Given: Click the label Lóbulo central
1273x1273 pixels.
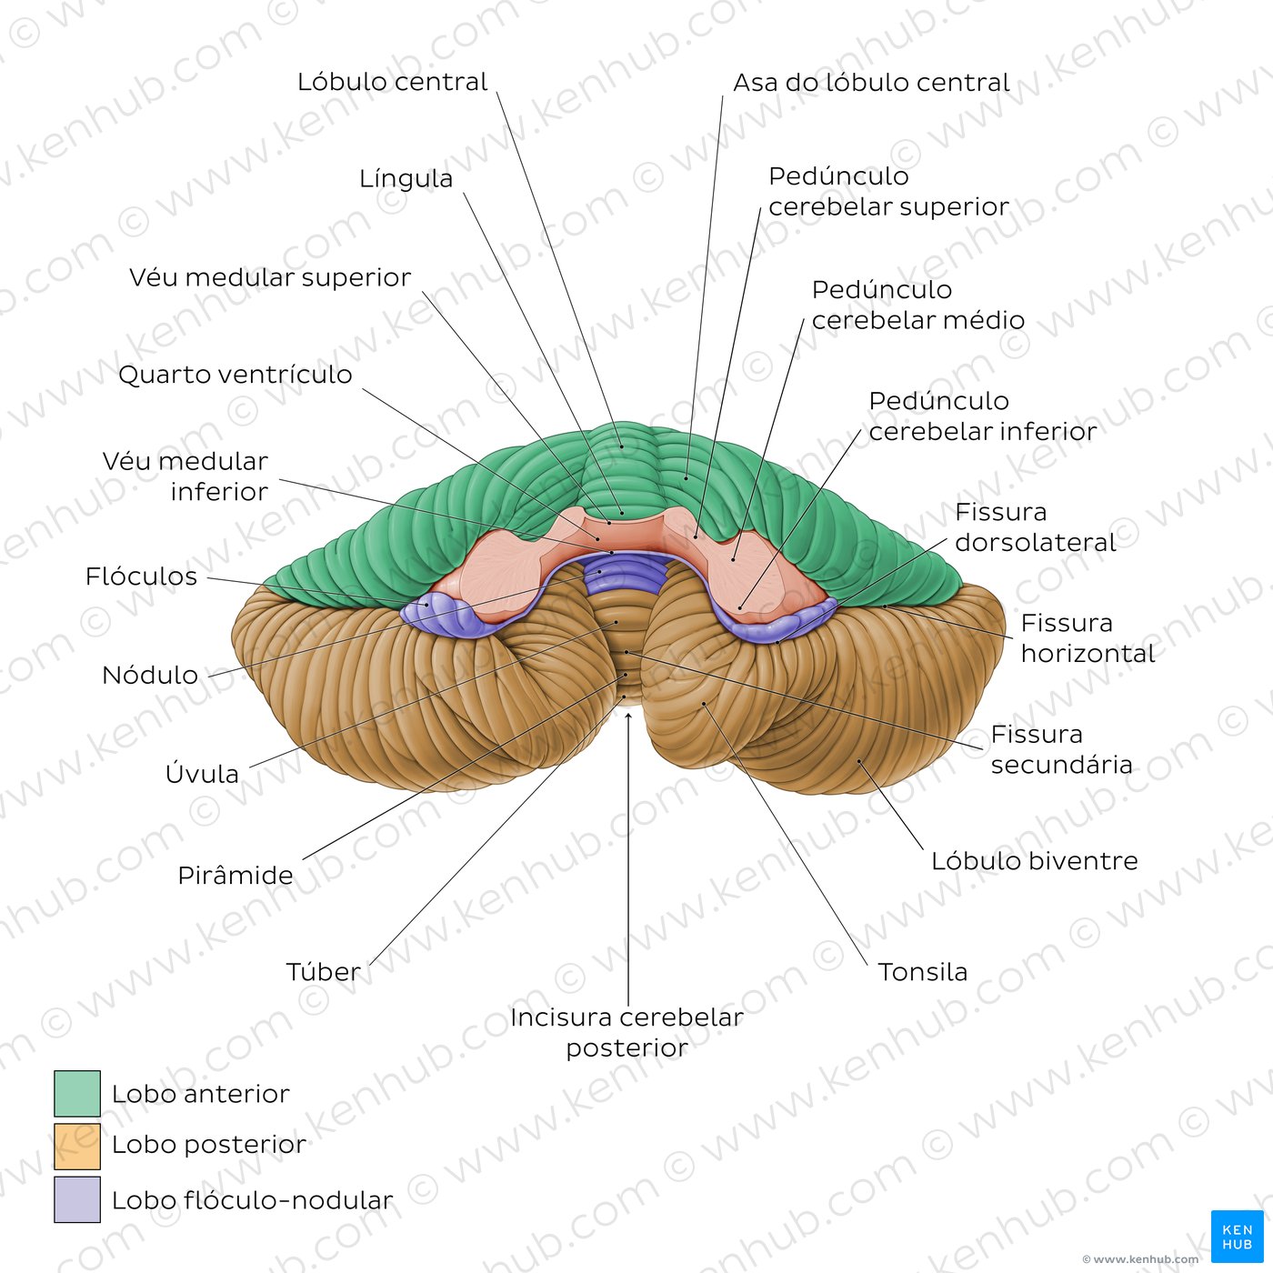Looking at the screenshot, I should [392, 82].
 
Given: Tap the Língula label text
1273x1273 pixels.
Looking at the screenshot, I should [406, 179].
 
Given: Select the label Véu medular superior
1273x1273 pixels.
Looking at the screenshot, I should [270, 277].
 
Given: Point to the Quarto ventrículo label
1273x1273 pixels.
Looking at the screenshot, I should [235, 375].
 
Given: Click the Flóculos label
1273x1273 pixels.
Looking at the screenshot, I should [141, 576].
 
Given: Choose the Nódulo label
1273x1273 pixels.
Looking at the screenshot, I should [150, 676].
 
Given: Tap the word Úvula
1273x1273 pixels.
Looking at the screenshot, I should [202, 775].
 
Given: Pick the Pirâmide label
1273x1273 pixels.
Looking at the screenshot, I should [236, 876].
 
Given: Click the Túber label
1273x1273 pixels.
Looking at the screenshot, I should [324, 972].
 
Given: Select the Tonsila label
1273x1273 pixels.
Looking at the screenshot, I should [922, 972].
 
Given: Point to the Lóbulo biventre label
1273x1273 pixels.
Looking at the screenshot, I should [1034, 861].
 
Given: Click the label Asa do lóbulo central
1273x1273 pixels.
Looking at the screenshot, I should [871, 83].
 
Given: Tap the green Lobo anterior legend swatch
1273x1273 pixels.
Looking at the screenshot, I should [77, 1094].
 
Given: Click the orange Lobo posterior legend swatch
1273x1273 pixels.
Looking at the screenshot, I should [77, 1147].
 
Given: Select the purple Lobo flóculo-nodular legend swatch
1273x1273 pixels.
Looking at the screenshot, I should [77, 1199].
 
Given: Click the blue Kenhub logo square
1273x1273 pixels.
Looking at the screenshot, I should [1237, 1237].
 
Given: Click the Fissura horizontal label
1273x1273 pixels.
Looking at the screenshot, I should [1088, 638].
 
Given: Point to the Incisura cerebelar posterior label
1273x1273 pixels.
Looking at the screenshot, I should [626, 1032].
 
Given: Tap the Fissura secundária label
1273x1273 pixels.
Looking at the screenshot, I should [1061, 749].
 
